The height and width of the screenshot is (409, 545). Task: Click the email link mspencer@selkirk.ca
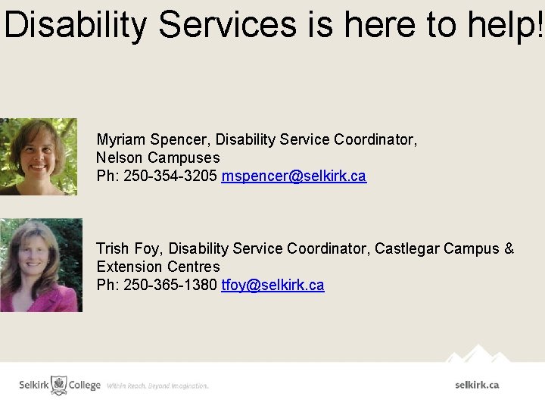pyautogui.click(x=294, y=176)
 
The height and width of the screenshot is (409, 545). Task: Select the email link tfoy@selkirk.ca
pyautogui.click(x=272, y=285)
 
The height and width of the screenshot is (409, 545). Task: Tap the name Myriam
pyautogui.click(x=121, y=139)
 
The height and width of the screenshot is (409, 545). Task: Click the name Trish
pyautogui.click(x=113, y=248)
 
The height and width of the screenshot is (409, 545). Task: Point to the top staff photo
pyautogui.click(x=38, y=156)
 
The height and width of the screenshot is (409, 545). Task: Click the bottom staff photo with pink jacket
pyautogui.click(x=41, y=265)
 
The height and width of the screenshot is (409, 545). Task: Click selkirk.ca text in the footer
pyautogui.click(x=477, y=385)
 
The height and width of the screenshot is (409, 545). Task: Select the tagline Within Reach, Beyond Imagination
pyautogui.click(x=157, y=386)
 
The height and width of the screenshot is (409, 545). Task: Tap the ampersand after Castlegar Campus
pyautogui.click(x=509, y=248)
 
